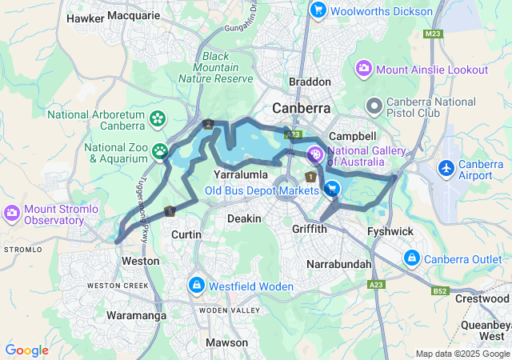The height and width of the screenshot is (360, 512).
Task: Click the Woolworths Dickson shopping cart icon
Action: click(318, 11)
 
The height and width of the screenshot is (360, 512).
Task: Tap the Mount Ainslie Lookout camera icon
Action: click(364, 70)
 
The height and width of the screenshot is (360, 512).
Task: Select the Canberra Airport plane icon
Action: click(446, 169)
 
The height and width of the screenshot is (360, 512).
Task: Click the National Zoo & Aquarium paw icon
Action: click(161, 150)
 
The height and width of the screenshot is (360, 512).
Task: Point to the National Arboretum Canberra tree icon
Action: click(158, 120)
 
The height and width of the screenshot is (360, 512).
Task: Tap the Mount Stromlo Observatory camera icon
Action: click(12, 213)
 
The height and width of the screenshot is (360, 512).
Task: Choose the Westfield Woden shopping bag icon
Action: click(196, 285)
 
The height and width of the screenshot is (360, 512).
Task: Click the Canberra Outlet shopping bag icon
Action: click(411, 258)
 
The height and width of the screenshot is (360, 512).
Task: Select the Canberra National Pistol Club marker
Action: click(374, 106)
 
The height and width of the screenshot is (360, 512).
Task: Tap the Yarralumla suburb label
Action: click(240, 174)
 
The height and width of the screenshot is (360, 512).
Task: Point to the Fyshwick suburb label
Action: click(389, 230)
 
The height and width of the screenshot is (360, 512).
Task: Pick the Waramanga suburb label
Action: click(137, 316)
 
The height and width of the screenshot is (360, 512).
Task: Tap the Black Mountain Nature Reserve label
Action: click(228, 67)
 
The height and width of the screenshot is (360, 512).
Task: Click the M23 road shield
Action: click(434, 34)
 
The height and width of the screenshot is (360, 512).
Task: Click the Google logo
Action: click(27, 350)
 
